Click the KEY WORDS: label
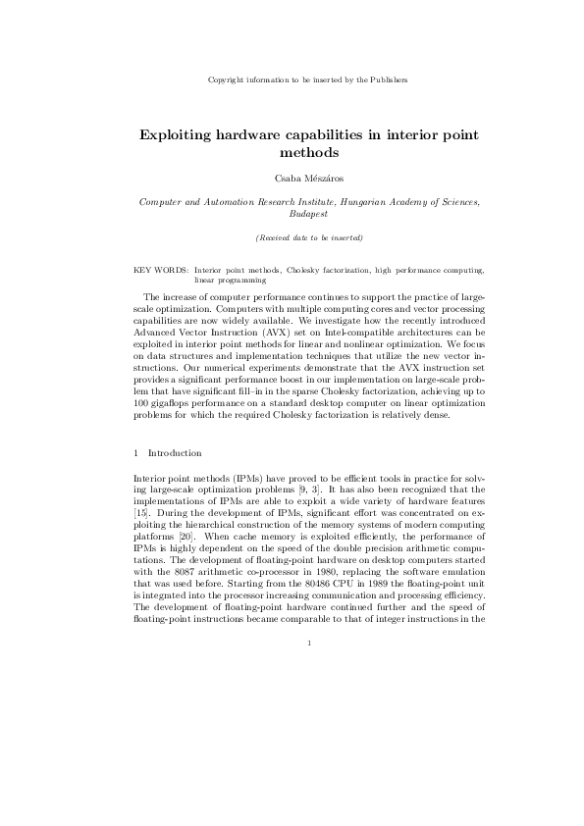(160, 268)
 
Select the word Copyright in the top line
(229, 78)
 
